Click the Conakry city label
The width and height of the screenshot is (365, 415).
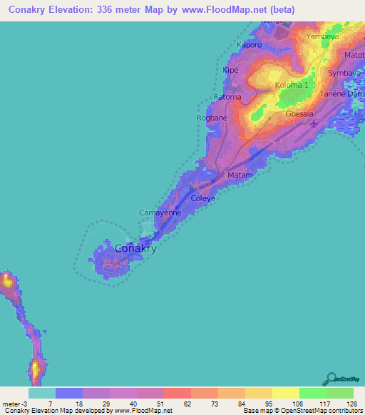click(x=135, y=249)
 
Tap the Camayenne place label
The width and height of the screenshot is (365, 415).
click(x=159, y=212)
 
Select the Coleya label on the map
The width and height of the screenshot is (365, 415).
click(x=202, y=198)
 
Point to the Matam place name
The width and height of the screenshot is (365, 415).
click(x=240, y=175)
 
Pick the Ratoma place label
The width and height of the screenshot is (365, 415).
click(x=228, y=96)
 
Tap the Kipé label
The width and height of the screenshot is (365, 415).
click(x=230, y=70)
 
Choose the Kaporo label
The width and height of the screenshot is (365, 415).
click(x=250, y=44)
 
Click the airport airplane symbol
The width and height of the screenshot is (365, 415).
click(x=314, y=125)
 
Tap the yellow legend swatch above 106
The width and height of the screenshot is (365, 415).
click(x=285, y=393)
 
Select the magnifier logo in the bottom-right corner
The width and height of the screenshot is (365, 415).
click(x=330, y=379)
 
